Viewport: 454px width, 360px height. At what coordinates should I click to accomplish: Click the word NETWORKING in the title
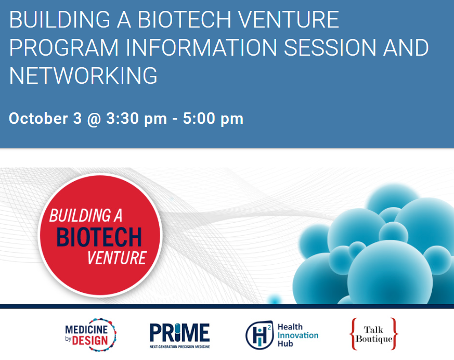point(83,75)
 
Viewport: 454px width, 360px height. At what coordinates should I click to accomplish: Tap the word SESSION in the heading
point(330,47)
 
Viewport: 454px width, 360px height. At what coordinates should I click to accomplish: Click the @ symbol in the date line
point(94,119)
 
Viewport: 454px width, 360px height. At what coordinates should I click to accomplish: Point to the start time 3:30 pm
point(137,119)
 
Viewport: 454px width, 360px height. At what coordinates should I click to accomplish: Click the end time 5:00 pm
point(213,119)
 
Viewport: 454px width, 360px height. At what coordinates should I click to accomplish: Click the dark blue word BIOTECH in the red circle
point(99,237)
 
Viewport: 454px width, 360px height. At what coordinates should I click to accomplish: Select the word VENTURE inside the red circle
point(117,258)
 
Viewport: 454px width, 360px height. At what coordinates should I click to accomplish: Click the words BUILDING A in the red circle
point(86,215)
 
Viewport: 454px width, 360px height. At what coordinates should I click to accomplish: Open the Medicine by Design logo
point(91,335)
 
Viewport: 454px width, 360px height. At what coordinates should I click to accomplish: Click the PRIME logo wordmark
point(179,332)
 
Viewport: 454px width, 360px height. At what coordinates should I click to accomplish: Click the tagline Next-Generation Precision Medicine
point(179,346)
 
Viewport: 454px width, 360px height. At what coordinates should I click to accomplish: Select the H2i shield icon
point(259,335)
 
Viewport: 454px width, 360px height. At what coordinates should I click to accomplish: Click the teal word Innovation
point(298,335)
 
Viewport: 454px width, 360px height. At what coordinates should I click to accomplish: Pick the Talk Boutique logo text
point(374,334)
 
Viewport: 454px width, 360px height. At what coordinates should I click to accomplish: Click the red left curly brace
point(353,334)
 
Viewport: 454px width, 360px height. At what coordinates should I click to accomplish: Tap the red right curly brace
point(394,334)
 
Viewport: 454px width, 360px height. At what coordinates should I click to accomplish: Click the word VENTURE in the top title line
point(288,20)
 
